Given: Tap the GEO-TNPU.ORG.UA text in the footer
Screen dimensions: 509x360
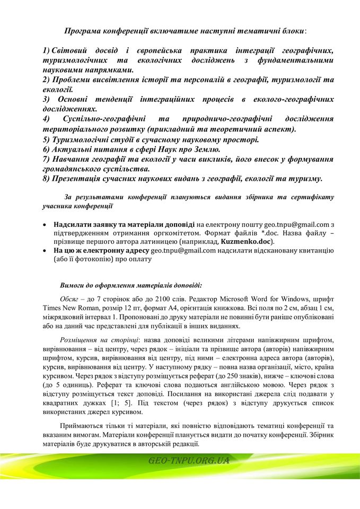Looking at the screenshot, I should [x=189, y=460].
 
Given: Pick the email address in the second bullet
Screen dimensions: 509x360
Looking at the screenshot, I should [x=183, y=250].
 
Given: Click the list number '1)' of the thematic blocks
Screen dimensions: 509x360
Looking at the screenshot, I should [x=46, y=50].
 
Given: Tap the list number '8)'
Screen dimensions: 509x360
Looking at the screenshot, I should [x=46, y=178].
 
